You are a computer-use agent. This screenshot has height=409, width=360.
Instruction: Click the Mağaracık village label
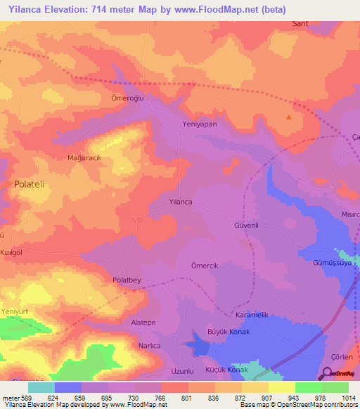[84, 159]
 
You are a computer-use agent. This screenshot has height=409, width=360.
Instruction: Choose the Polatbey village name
[127, 280]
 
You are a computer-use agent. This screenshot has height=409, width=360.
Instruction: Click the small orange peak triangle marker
[288, 117]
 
